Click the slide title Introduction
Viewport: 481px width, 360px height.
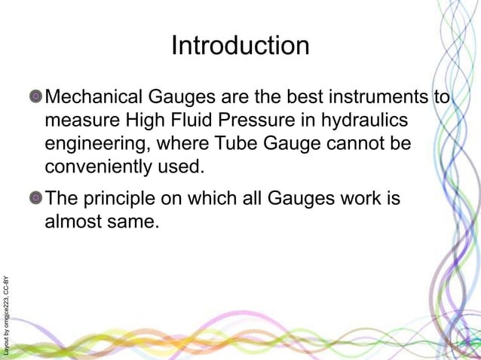pyautogui.click(x=240, y=46)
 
